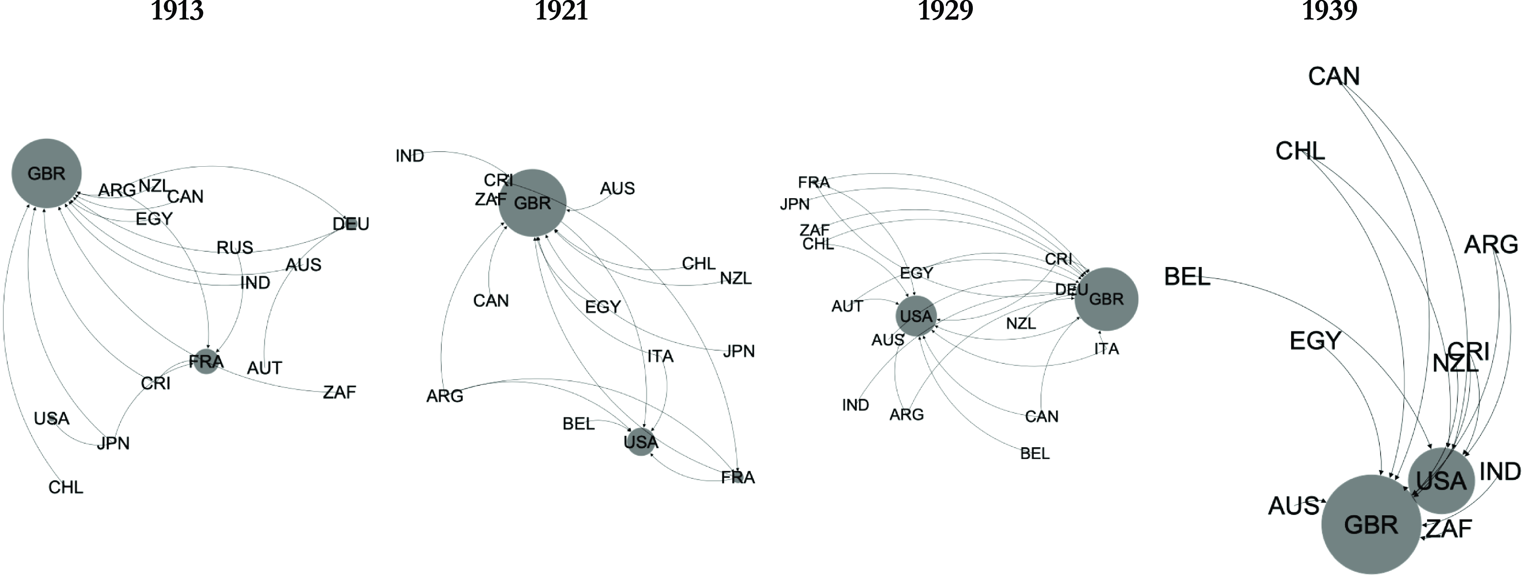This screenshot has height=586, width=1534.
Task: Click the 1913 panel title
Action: (177, 11)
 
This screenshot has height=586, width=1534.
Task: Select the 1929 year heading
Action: (945, 11)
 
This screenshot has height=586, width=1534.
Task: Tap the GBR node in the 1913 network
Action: (47, 173)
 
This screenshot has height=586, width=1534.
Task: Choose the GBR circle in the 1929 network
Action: (1107, 299)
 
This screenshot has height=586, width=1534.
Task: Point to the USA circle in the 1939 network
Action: (1441, 481)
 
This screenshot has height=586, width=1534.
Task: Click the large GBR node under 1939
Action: (1371, 524)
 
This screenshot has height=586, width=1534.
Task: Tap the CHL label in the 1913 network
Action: (66, 487)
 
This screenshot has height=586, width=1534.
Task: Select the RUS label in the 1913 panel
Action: (235, 247)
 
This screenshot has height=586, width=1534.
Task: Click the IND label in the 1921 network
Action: (410, 156)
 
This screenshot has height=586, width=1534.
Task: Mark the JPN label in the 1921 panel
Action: (739, 351)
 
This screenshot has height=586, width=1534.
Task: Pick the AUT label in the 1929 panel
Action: (847, 306)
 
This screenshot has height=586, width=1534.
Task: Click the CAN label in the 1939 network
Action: (1334, 76)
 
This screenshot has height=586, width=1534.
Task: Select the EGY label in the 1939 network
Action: (1315, 341)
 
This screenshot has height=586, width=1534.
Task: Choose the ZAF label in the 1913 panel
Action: (340, 393)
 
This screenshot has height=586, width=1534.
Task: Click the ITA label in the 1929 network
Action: (1107, 349)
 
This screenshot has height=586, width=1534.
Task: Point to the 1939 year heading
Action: (1329, 11)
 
